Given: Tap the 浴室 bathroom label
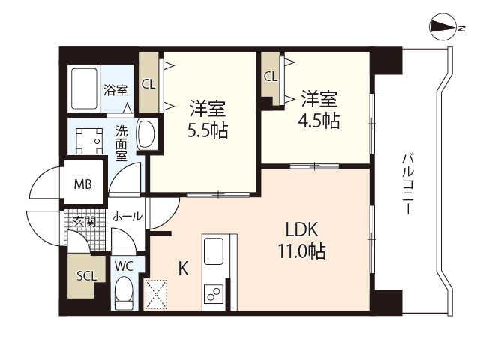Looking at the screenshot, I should [x=115, y=89].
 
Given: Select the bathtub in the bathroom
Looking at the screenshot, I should [x=85, y=88].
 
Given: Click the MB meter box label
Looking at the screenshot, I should [x=82, y=183].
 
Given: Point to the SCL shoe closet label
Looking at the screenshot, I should [x=86, y=275].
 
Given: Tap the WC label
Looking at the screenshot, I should [x=124, y=265].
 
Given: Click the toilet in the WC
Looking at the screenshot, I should [x=124, y=292].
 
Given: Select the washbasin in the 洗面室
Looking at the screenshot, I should [x=148, y=134].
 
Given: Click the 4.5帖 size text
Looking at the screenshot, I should [x=321, y=120].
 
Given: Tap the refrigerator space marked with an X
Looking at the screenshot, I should [x=158, y=293].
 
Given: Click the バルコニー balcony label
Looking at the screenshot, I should [x=408, y=184].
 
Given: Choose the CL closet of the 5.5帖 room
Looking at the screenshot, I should [x=148, y=83].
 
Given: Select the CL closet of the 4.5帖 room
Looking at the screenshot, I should [x=270, y=76].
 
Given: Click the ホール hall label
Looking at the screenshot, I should [x=127, y=217].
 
